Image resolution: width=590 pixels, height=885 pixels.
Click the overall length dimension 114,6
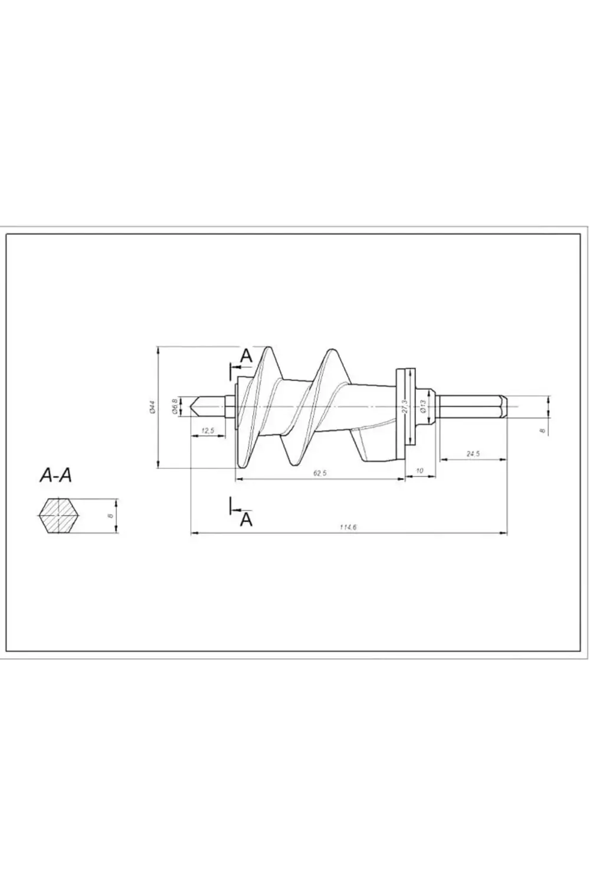click(x=348, y=527)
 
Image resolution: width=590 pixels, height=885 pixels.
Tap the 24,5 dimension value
click(x=473, y=454)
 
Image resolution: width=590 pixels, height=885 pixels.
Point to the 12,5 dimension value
click(x=208, y=431)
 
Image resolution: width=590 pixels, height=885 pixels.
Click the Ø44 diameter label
click(x=152, y=407)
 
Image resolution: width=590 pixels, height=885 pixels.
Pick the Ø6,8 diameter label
click(x=175, y=407)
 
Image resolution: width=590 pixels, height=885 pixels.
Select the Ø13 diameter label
click(x=423, y=407)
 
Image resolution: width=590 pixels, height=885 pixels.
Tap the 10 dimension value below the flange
click(x=419, y=470)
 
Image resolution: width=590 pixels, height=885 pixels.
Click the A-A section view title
click(x=55, y=475)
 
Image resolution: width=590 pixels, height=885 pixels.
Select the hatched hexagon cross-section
click(x=59, y=516)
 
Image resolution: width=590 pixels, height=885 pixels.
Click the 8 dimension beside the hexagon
click(x=110, y=516)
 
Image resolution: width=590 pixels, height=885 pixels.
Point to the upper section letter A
click(x=247, y=356)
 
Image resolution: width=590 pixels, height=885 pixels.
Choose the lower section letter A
click(x=247, y=519)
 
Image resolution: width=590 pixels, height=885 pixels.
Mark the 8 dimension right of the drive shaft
click(x=542, y=431)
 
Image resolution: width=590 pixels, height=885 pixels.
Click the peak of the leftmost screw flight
click(x=269, y=349)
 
